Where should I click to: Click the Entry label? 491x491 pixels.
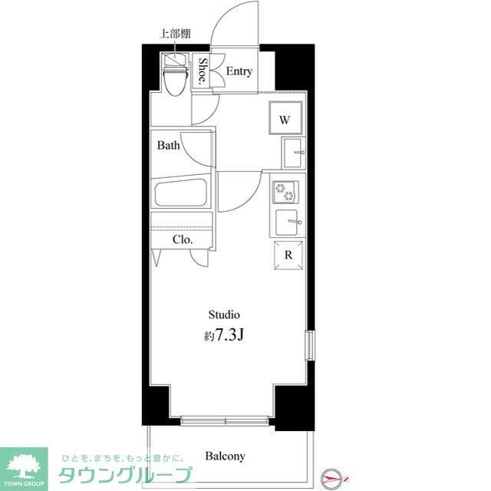(239, 71)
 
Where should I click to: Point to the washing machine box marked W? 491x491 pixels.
(285, 119)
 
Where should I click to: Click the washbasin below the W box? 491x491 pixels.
(293, 152)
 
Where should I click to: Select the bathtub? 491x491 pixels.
(183, 193)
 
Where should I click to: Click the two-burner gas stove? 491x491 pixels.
(286, 191)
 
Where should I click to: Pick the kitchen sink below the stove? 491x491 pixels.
(289, 222)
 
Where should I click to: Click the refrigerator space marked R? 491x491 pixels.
(288, 256)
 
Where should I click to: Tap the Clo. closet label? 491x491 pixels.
(182, 239)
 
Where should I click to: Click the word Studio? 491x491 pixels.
(225, 315)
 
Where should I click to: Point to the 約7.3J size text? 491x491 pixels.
(225, 335)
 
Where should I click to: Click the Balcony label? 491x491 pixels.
(225, 456)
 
